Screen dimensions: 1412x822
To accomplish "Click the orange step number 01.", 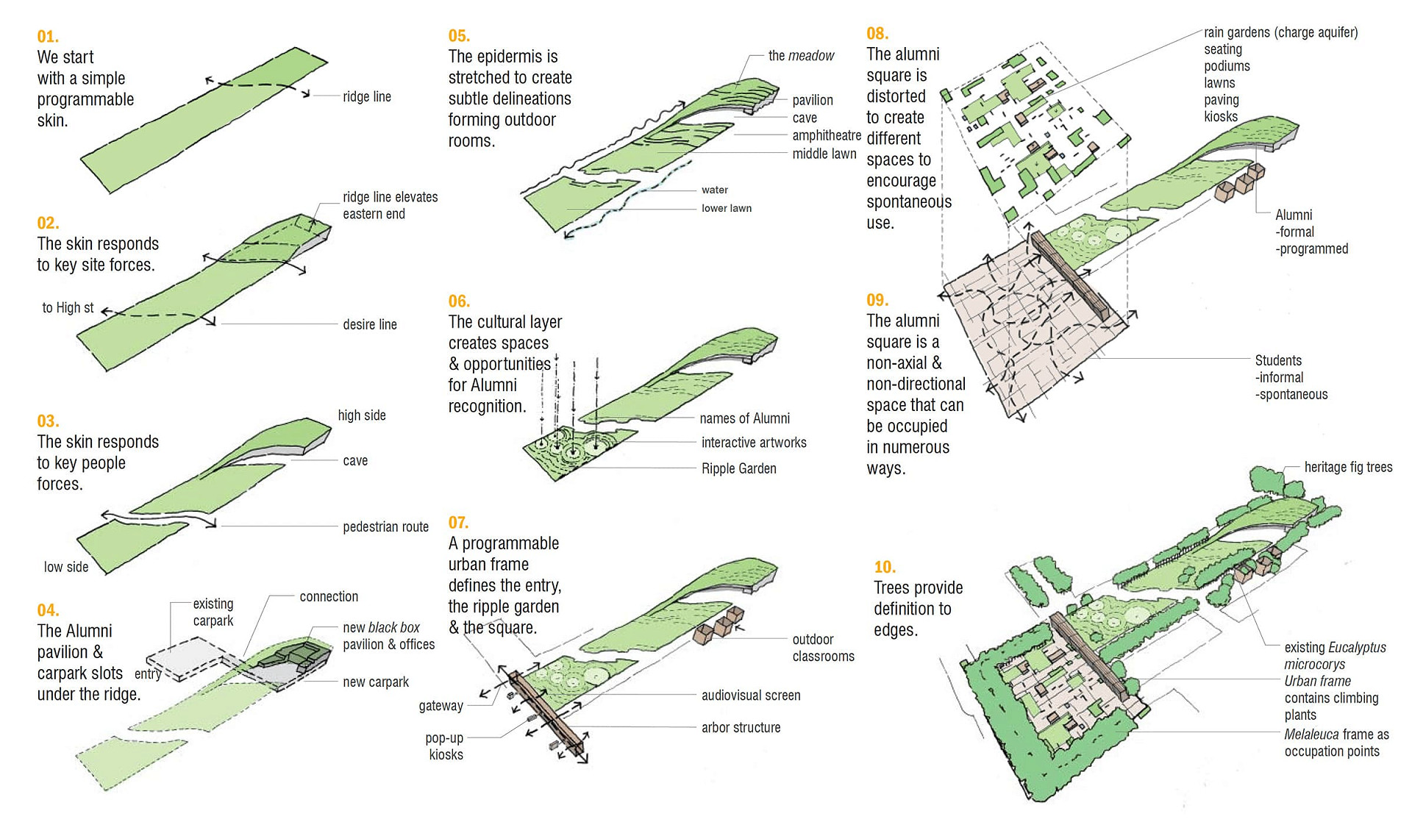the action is [x=48, y=36].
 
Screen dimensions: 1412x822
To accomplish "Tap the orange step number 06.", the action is [x=459, y=301].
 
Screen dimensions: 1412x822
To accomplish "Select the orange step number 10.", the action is [x=885, y=566].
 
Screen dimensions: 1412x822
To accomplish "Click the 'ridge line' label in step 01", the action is [x=367, y=96].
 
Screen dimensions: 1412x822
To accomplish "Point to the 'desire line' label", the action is [x=370, y=324].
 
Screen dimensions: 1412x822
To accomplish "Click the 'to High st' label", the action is [x=68, y=307].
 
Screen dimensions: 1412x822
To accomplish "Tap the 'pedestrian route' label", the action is [x=385, y=526].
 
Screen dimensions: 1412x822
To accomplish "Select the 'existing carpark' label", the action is [x=213, y=612].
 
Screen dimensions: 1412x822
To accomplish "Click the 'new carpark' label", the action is [x=376, y=682].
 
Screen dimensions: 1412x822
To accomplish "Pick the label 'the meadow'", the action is [x=801, y=55].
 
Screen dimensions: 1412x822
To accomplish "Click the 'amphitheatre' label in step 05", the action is [x=827, y=135].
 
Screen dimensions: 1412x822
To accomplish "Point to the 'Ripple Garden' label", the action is [x=738, y=468].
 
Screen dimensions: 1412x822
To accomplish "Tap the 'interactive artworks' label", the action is [x=754, y=442].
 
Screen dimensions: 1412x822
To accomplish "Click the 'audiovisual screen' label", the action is [x=751, y=695].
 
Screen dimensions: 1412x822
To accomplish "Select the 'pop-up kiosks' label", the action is [x=445, y=746].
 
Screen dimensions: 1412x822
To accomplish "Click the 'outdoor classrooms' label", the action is [x=823, y=648].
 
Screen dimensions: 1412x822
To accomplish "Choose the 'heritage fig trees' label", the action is [x=1348, y=467].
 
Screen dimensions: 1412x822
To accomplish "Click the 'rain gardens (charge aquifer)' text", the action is [x=1280, y=32].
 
